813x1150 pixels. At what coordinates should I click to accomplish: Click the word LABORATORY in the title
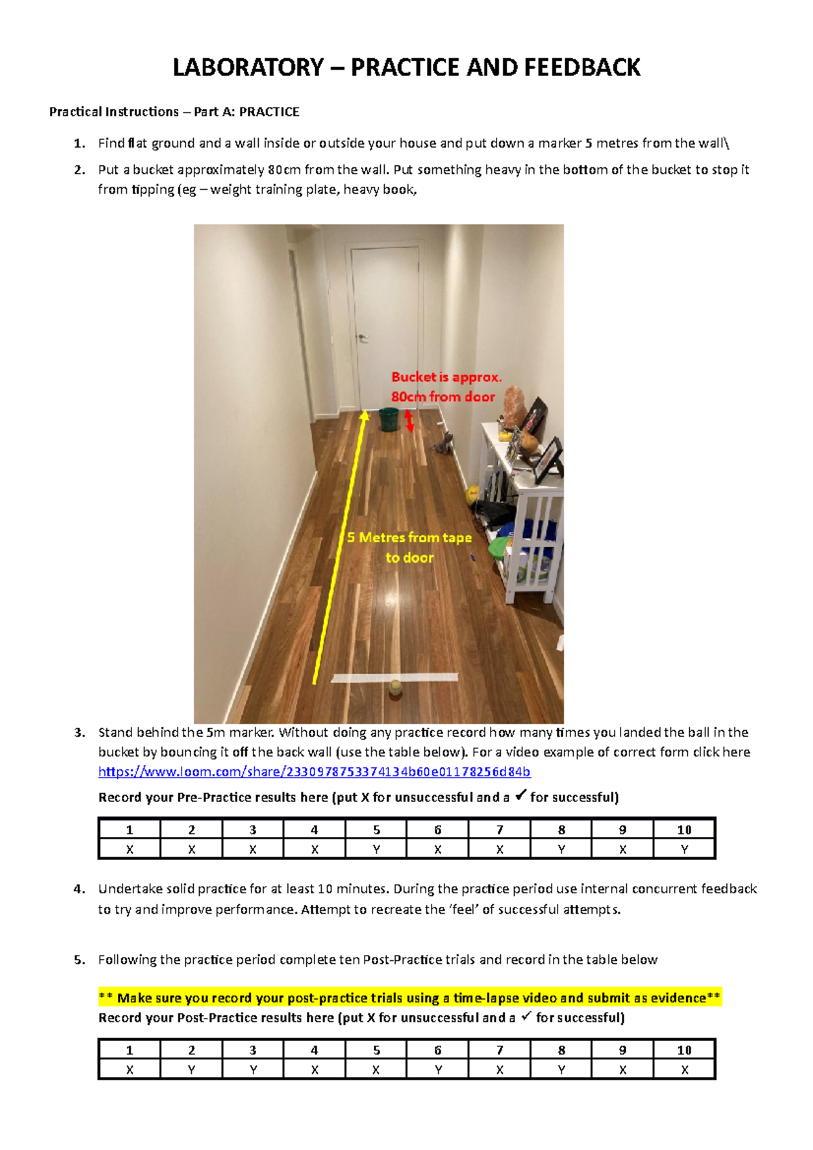pyautogui.click(x=248, y=68)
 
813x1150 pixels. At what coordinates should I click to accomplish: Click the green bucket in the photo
pyautogui.click(x=389, y=419)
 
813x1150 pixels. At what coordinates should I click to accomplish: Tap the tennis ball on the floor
pyautogui.click(x=395, y=689)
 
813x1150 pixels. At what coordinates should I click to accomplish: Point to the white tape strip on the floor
pyautogui.click(x=394, y=677)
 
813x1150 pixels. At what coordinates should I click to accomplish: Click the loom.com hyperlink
pyautogui.click(x=314, y=771)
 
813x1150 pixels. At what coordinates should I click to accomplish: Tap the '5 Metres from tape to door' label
pyautogui.click(x=409, y=547)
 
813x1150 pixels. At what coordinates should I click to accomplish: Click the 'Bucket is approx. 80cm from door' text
pyautogui.click(x=445, y=387)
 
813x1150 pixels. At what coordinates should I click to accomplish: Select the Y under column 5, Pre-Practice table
pyautogui.click(x=376, y=849)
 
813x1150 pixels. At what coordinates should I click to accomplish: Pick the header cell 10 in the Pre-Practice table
pyautogui.click(x=684, y=830)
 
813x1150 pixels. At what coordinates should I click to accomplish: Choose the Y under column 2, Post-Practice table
pyautogui.click(x=192, y=1070)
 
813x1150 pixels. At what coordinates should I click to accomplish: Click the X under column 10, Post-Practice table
pyautogui.click(x=684, y=1070)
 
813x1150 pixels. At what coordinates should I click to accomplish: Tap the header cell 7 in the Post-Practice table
pyautogui.click(x=499, y=1050)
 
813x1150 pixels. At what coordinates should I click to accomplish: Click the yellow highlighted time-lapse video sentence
pyautogui.click(x=409, y=998)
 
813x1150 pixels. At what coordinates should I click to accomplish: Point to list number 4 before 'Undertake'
pyautogui.click(x=79, y=889)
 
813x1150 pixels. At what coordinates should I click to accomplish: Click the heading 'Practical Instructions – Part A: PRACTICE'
pyautogui.click(x=174, y=112)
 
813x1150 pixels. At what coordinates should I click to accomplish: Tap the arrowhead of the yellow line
pyautogui.click(x=364, y=414)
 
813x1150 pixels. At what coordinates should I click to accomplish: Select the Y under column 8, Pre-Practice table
pyautogui.click(x=561, y=849)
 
